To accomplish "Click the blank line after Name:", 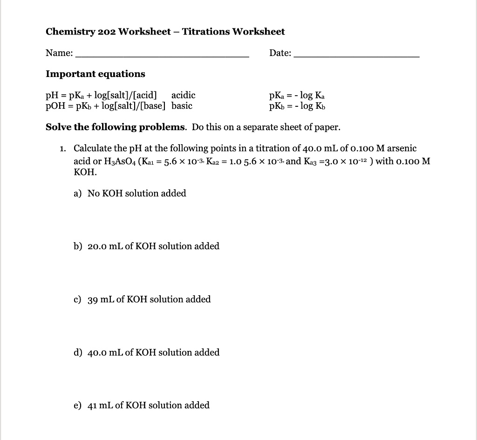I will tap(162, 56).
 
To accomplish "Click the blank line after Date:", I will tap(357, 56).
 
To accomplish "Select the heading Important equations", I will tap(95, 74).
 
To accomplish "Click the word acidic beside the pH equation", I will tap(183, 95).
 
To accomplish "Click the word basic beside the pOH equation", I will tap(182, 105).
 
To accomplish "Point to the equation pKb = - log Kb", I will tap(297, 106).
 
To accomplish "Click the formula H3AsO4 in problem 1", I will tap(119, 161).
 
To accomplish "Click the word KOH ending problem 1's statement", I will tap(85, 172).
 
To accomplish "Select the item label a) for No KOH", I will tap(78, 194).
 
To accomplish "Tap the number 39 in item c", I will tap(93, 300).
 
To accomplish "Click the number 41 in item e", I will tap(93, 405).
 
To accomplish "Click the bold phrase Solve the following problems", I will tap(116, 127).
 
